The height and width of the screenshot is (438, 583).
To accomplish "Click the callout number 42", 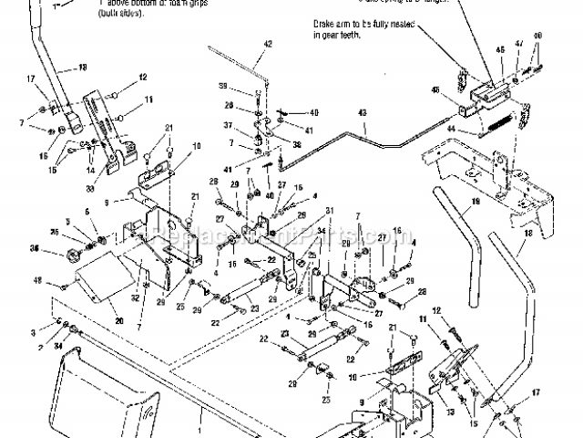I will tap(267, 44).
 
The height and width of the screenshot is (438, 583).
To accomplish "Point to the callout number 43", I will tap(362, 113).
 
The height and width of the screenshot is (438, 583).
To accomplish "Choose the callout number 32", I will tap(135, 297).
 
